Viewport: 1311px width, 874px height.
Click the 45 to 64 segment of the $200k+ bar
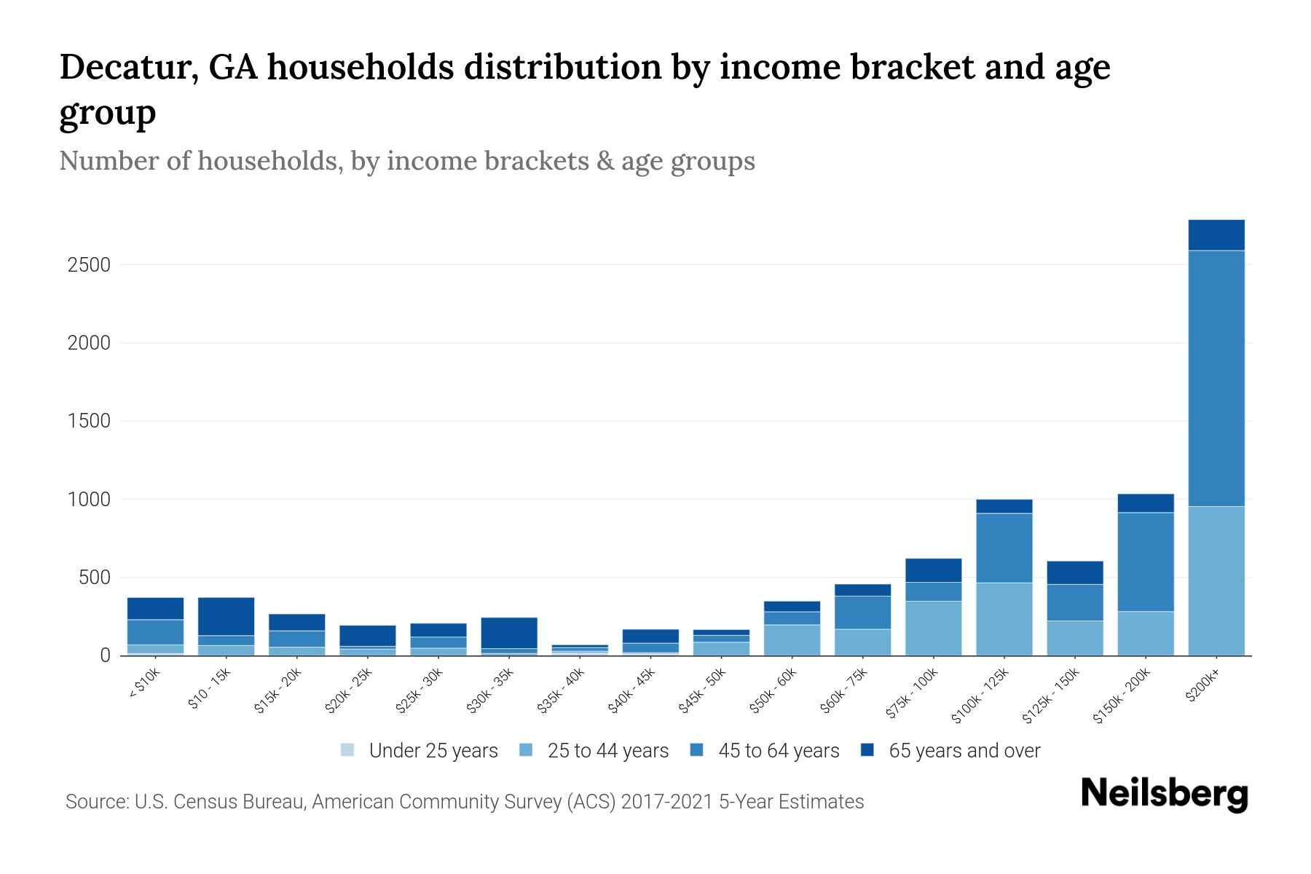pos(1216,378)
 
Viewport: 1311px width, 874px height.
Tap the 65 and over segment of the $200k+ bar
pos(1216,235)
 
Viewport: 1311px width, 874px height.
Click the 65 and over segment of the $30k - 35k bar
pos(509,633)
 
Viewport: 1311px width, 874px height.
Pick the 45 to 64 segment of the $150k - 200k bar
pos(1145,562)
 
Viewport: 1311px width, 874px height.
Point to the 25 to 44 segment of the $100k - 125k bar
pos(1004,618)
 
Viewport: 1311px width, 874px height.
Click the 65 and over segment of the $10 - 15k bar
pos(226,616)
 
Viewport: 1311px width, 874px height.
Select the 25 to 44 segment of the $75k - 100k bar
pos(933,628)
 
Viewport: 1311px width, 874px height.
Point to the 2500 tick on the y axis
pos(89,265)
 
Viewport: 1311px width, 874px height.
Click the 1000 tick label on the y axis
pos(89,500)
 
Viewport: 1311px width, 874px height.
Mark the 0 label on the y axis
pos(105,655)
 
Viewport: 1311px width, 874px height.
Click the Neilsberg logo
pos(1164,794)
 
